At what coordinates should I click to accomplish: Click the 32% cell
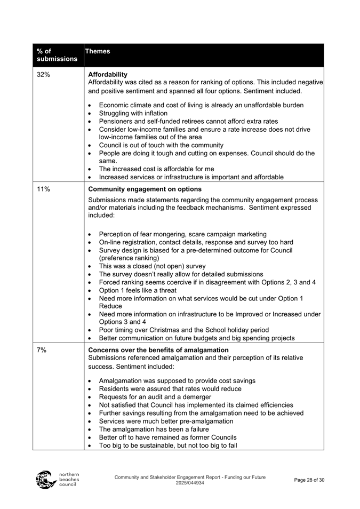pos(44,75)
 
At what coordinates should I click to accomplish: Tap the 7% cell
pos(42,350)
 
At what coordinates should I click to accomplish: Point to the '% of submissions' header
pos(50,55)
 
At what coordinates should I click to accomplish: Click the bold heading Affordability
pos(108,74)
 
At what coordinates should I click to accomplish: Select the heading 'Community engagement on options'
pos(145,189)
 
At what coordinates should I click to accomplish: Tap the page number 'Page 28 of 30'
pos(309,480)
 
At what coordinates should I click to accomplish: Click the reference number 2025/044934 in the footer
pos(190,483)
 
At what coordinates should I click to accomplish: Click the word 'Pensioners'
pos(116,121)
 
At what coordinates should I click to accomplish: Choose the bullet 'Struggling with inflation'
pos(133,113)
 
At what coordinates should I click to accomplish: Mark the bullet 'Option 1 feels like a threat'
pos(143,290)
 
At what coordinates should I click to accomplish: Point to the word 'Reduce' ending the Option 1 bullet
pos(111,306)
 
